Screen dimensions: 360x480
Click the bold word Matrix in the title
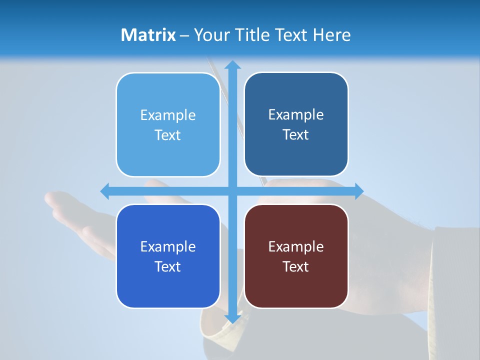coord(148,35)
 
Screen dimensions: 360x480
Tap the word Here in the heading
coord(331,35)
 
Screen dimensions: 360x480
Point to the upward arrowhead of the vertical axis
coord(232,65)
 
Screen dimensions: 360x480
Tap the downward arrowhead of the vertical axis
coord(232,318)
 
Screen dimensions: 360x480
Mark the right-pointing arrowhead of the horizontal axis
coord(358,191)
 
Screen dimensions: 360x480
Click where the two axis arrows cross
coord(232,191)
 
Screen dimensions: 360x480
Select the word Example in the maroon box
coord(296,246)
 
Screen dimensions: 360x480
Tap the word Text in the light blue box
coord(168,135)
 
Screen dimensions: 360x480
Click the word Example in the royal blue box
coord(168,246)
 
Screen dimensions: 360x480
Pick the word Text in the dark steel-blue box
coord(296,135)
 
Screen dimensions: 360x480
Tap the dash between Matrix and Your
coord(184,35)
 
